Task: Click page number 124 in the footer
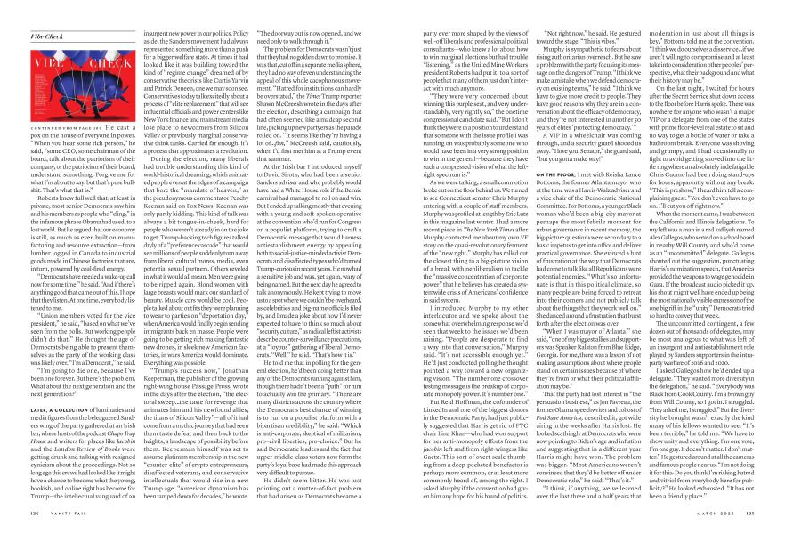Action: (35, 512)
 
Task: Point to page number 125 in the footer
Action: (750, 512)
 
